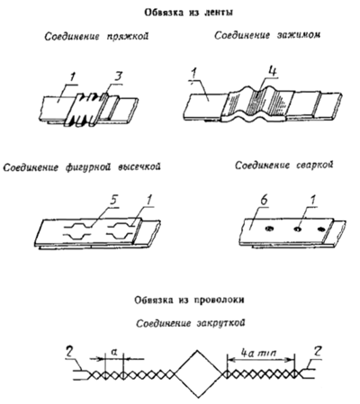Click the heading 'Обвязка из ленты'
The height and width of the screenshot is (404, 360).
[189, 13]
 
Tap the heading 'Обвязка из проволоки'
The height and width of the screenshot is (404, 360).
[189, 300]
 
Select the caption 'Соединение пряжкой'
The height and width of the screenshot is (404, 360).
[96, 37]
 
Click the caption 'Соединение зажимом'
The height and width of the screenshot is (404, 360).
[267, 35]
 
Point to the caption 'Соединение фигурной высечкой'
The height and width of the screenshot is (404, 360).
[82, 167]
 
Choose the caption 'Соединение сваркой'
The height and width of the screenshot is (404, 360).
[283, 166]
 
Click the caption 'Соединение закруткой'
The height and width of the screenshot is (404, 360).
[191, 323]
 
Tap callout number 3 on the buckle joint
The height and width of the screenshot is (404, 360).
[118, 76]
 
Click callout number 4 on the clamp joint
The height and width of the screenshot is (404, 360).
[273, 72]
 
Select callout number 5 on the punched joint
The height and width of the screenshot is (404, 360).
[114, 200]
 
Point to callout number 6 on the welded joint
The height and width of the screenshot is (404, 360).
[264, 202]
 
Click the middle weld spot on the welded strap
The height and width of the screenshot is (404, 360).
[298, 229]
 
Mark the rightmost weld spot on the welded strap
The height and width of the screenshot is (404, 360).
[320, 229]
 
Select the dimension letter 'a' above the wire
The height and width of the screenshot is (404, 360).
[113, 351]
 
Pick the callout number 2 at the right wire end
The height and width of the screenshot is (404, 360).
[317, 351]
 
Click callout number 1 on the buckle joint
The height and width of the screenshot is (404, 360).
[72, 77]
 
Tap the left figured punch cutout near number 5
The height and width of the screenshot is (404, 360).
[76, 231]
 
